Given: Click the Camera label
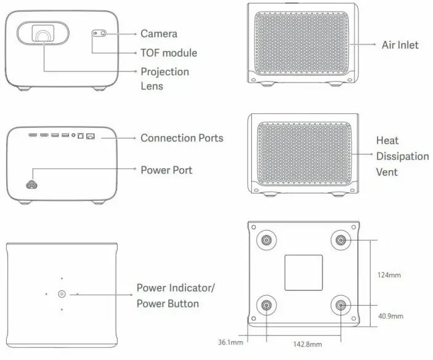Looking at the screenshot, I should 158,34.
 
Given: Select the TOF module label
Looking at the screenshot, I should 168,53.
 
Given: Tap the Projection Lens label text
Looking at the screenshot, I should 164,79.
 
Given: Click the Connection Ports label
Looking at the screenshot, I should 182,137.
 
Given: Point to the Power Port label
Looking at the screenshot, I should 166,170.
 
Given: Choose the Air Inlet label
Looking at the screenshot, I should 400,44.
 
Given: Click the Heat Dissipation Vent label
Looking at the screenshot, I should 402,156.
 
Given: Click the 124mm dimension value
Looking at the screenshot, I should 389,275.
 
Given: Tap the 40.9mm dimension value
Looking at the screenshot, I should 391,316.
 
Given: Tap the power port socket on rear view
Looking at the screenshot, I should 30,184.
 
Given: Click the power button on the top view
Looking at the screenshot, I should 62,294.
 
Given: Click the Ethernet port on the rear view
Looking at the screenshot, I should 91,135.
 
